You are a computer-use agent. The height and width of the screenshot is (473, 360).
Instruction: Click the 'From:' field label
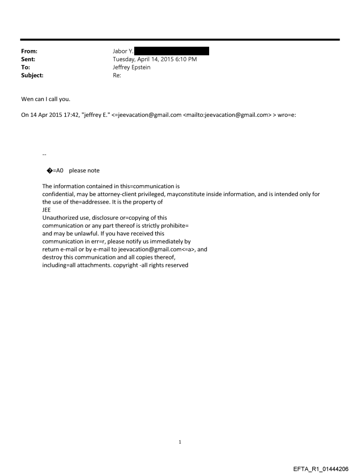coord(30,52)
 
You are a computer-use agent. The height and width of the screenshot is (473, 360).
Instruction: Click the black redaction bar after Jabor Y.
coord(172,52)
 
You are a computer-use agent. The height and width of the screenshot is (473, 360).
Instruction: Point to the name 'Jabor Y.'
coord(123,52)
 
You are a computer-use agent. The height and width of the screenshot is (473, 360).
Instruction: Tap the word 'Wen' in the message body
coord(28,99)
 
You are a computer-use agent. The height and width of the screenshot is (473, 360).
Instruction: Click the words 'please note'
coord(84,171)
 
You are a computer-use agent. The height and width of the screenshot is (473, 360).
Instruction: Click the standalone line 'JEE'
coord(46,210)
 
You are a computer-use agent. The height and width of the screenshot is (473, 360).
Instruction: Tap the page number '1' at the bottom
coord(180,442)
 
